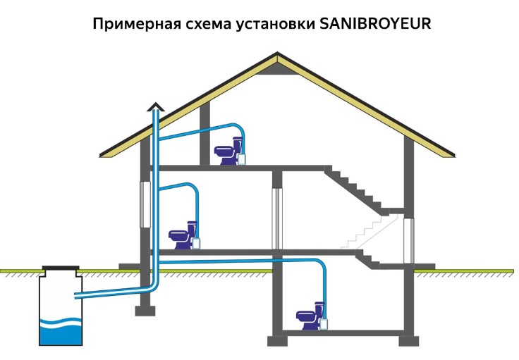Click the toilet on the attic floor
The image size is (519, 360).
[226, 153]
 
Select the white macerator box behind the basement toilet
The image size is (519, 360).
[325, 323]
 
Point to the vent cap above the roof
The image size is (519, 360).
[155, 107]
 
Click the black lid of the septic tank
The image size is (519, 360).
[61, 268]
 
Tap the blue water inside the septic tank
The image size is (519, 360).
[61, 333]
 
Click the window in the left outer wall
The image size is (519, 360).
[145, 204]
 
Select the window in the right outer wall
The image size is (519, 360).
[408, 237]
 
